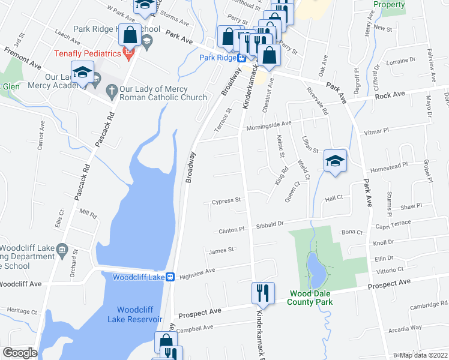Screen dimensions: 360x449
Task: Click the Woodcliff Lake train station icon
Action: (x=170, y=277)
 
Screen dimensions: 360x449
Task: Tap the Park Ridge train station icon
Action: (x=241, y=58)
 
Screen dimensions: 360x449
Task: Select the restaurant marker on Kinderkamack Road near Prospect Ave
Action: (x=262, y=293)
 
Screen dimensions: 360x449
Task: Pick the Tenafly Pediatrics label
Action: (x=88, y=53)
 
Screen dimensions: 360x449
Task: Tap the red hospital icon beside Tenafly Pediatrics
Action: (x=128, y=54)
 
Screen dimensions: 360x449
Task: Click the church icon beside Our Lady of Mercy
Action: (x=110, y=91)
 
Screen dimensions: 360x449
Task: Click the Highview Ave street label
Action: (x=197, y=272)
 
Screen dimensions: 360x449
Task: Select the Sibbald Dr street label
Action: (x=270, y=224)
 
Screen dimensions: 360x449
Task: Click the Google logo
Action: (x=20, y=353)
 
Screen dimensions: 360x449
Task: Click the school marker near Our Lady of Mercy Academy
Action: (x=82, y=73)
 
